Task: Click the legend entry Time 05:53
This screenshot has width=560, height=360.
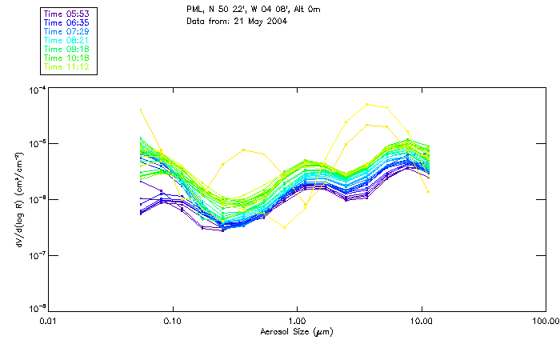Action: pyautogui.click(x=66, y=13)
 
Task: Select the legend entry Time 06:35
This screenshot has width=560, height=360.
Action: pyautogui.click(x=66, y=22)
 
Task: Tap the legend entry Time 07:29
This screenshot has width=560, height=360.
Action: pyautogui.click(x=66, y=30)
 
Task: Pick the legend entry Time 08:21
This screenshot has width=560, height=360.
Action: pyautogui.click(x=66, y=40)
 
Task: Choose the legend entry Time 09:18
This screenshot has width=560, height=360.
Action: pyautogui.click(x=66, y=49)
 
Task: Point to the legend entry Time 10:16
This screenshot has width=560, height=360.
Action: pyautogui.click(x=66, y=58)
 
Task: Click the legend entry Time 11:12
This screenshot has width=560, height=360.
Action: pyautogui.click(x=66, y=66)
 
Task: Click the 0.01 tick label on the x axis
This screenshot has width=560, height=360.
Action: pyautogui.click(x=48, y=321)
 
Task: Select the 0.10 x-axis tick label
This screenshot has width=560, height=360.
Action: pyautogui.click(x=172, y=321)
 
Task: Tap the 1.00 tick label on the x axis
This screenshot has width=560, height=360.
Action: pyautogui.click(x=297, y=321)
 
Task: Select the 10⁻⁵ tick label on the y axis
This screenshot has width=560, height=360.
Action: pyautogui.click(x=36, y=144)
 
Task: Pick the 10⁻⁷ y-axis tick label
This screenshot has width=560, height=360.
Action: pyautogui.click(x=36, y=254)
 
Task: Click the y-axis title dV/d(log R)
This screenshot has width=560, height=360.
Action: pyautogui.click(x=18, y=198)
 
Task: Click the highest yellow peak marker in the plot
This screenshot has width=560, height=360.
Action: pyautogui.click(x=367, y=104)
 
